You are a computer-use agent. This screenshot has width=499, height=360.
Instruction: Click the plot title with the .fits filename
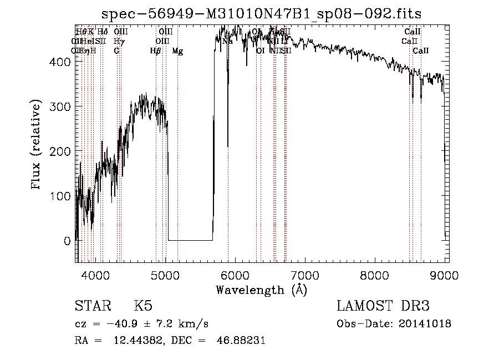pyautogui.click(x=262, y=14)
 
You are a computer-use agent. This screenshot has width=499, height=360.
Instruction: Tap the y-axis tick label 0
pyautogui.click(x=67, y=241)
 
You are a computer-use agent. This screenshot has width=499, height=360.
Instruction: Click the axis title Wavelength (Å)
pyautogui.click(x=261, y=290)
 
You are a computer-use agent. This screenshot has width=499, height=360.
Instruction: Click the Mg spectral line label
pyautogui.click(x=177, y=51)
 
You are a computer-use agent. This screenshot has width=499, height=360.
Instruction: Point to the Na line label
pyautogui.click(x=227, y=41)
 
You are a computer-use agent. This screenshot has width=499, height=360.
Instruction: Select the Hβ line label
pyautogui.click(x=156, y=51)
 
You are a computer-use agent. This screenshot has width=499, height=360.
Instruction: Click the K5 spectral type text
pyautogui.click(x=143, y=306)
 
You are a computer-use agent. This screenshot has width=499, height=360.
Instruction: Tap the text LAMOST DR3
pyautogui.click(x=383, y=306)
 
